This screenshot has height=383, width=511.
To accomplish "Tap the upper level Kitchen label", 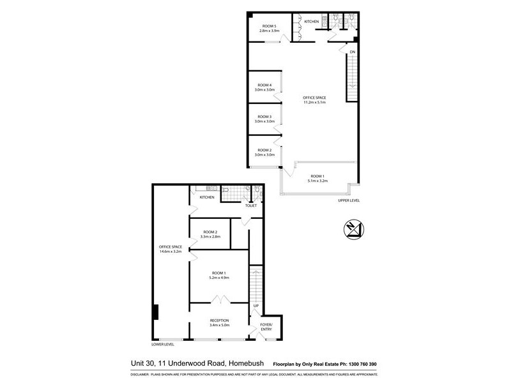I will [x=311, y=22].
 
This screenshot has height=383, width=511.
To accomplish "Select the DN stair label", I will [x=352, y=52].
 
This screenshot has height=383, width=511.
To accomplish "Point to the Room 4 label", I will [x=264, y=85].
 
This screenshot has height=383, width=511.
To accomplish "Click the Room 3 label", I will [x=264, y=117].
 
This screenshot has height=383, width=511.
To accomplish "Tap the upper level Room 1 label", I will [x=317, y=176].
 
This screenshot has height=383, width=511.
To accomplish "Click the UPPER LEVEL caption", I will [x=349, y=200].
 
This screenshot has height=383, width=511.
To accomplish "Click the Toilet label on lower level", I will [x=250, y=206].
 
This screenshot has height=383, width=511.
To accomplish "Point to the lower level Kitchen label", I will [x=207, y=197].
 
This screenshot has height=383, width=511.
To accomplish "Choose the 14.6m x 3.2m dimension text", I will [x=171, y=252].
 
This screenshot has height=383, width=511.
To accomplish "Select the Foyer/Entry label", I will [x=266, y=327].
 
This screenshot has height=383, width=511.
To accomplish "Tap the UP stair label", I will [x=256, y=306].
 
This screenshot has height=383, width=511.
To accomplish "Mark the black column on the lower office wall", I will [x=155, y=313].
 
